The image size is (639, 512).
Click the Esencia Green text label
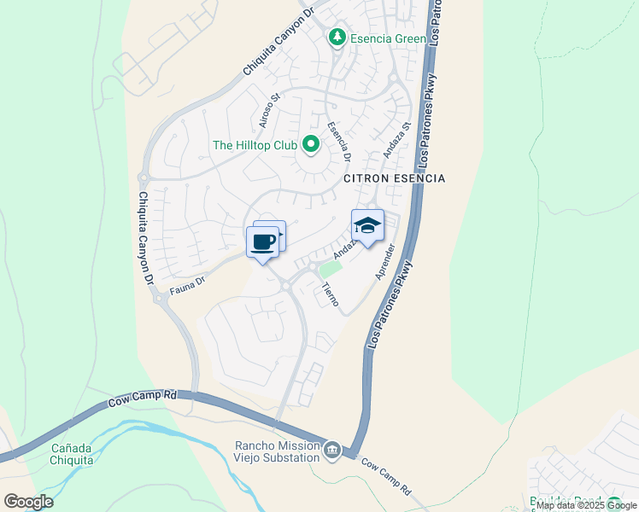(x=387, y=38)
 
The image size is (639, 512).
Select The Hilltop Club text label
(x=254, y=145)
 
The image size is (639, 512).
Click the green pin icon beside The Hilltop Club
(x=310, y=146)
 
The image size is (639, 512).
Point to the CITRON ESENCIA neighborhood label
(x=395, y=178)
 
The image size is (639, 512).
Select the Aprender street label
(x=384, y=262)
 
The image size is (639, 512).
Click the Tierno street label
(x=331, y=294)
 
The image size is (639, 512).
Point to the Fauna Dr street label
(x=189, y=281)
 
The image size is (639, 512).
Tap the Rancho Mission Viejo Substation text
(x=277, y=451)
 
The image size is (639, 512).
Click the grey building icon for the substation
(x=332, y=450)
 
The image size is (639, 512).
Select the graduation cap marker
(x=367, y=226)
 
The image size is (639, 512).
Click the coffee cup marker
(x=263, y=241)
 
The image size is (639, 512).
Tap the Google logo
(x=28, y=502)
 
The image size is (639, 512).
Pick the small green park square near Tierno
(x=330, y=270)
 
